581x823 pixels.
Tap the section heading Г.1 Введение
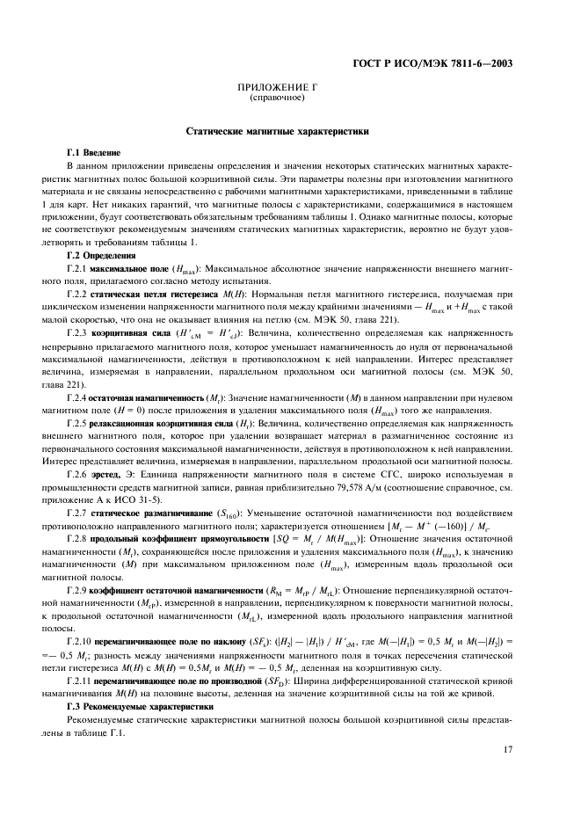(x=94, y=152)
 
